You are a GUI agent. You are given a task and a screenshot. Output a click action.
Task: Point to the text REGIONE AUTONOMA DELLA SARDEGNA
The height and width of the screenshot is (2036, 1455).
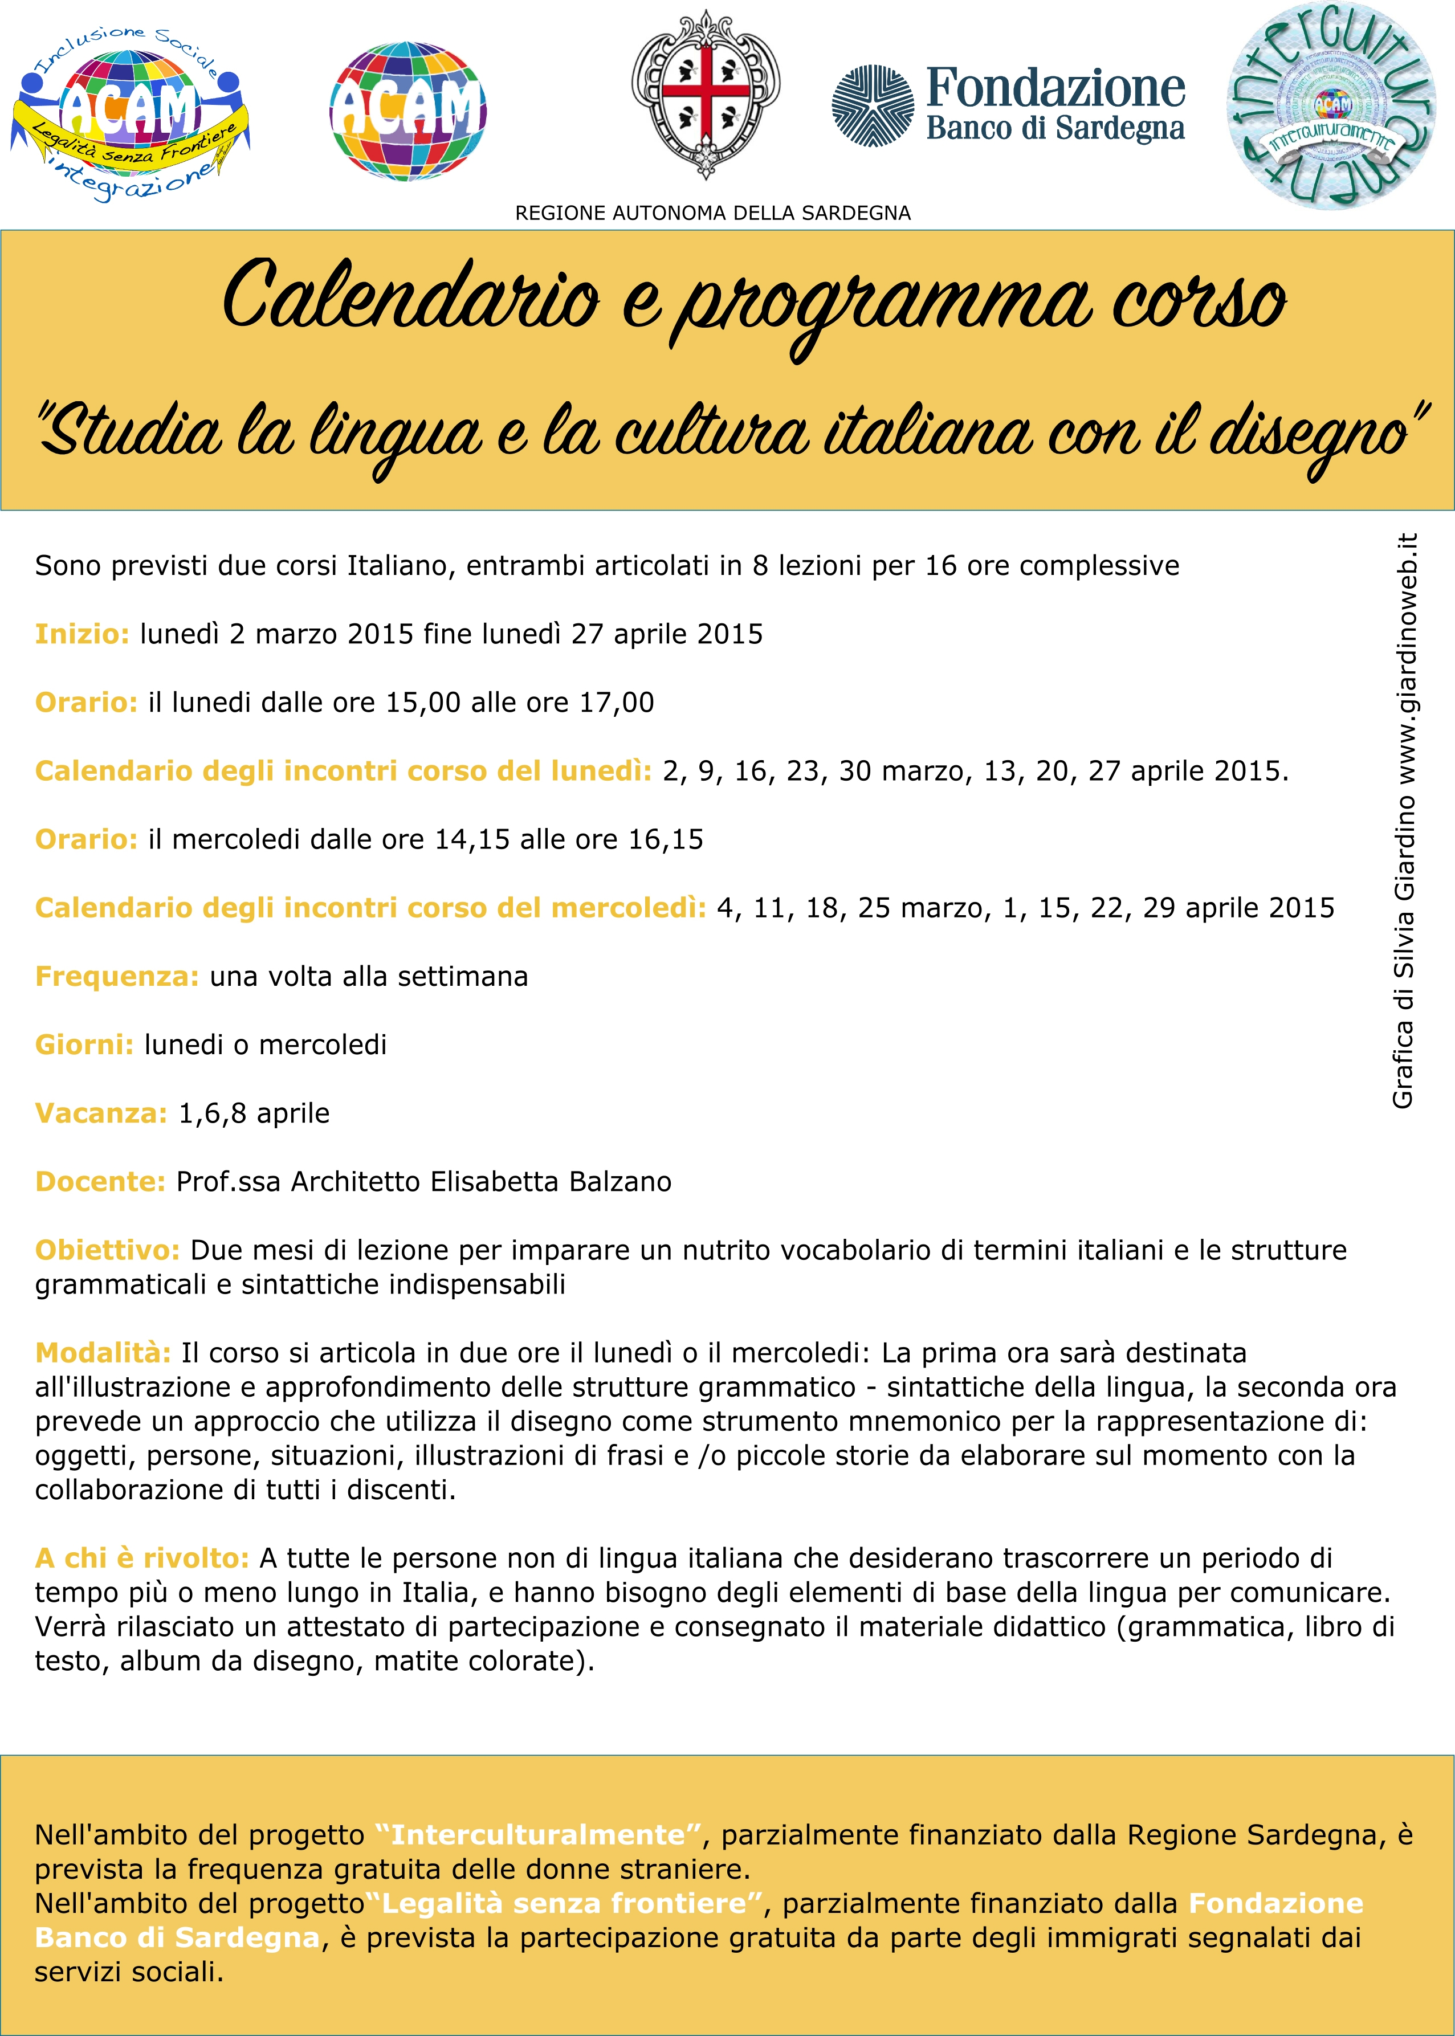pos(712,213)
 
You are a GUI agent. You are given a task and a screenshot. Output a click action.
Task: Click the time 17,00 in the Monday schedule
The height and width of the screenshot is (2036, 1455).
pos(617,702)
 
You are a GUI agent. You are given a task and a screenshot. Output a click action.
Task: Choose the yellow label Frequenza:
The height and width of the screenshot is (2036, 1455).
pos(116,976)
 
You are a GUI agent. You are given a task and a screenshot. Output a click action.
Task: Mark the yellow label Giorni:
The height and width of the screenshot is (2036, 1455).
pos(84,1044)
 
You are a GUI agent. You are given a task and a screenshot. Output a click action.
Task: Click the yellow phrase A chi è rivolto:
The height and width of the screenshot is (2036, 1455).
pos(141,1558)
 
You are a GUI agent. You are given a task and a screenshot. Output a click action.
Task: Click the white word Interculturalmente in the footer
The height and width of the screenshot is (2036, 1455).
pos(537,1835)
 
